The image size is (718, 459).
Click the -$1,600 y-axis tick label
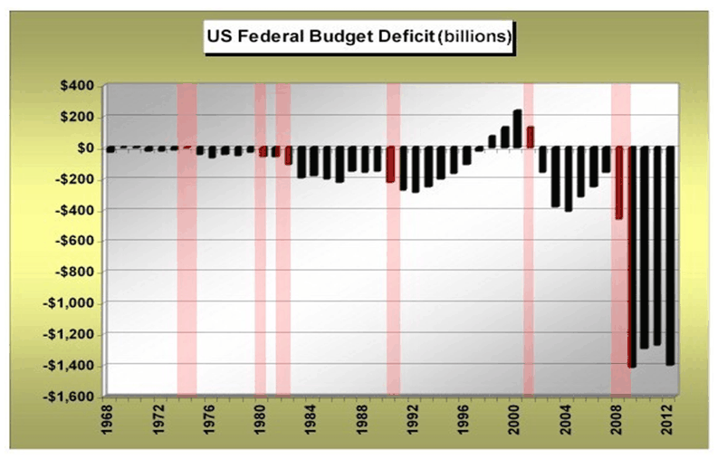73,396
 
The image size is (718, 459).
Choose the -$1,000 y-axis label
73,302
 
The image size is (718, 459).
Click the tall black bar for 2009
632,257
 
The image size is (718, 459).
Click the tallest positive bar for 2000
518,129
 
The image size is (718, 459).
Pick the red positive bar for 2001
531,137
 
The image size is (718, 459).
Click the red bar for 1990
390,166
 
